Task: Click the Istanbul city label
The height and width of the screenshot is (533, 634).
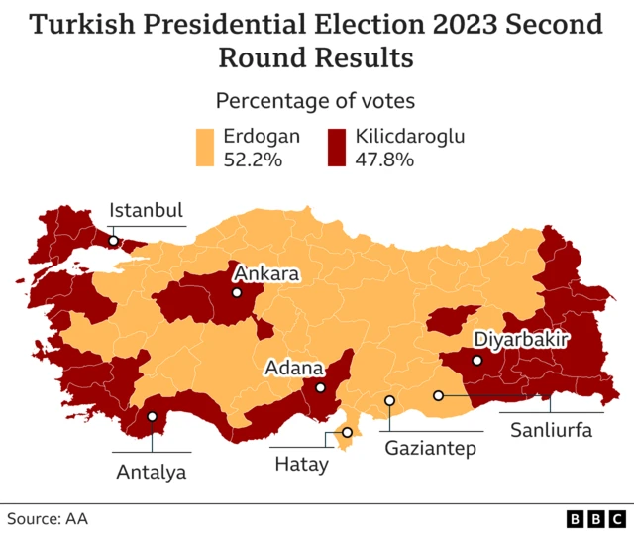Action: coord(147,210)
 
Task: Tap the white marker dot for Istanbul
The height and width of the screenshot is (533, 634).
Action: coord(114,240)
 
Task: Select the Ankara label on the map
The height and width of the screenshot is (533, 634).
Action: coord(264,272)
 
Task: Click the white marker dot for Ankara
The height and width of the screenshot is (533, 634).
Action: coord(237,293)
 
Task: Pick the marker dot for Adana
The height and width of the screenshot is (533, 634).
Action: coord(320,388)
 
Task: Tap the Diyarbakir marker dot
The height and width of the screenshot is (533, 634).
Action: coord(477,361)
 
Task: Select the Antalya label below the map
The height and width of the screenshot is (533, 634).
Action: coord(152,471)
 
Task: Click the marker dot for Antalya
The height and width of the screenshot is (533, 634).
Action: coord(153,416)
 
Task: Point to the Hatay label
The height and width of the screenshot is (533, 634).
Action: coord(300,463)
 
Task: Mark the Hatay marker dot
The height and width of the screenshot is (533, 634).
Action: coord(348,432)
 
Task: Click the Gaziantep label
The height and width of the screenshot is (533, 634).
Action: coord(431,448)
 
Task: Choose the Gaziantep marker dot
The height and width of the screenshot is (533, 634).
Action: coord(390,401)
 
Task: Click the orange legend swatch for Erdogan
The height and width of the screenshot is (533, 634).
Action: coord(205,148)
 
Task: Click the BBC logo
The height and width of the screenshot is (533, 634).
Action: coord(594,518)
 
